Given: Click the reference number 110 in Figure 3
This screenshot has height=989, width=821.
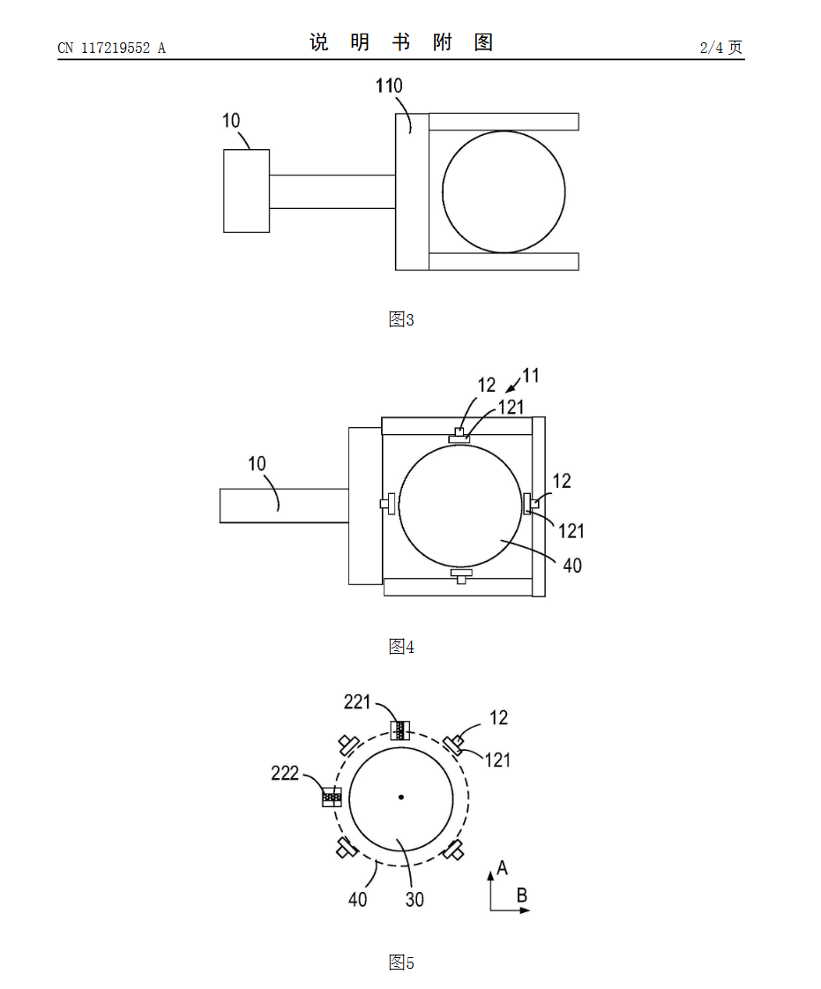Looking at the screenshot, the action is tap(388, 86).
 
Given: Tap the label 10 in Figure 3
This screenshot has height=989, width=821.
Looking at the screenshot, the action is tap(231, 121).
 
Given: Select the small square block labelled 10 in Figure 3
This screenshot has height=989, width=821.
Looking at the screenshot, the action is tap(247, 191).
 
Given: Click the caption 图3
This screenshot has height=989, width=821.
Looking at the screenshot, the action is tap(401, 319).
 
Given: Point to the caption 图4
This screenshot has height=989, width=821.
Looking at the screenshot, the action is tap(401, 647).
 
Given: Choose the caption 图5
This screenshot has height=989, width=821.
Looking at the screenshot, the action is tap(401, 963).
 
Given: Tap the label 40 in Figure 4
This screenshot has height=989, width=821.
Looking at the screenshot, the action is tap(572, 566).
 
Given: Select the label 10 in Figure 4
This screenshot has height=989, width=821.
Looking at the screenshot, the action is tap(257, 463).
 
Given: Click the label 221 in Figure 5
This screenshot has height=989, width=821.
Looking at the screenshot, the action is tap(357, 702).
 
